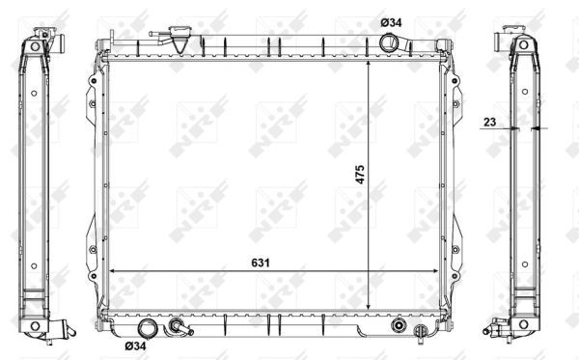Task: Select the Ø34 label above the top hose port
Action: click(x=392, y=22)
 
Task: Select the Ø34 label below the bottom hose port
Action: click(x=136, y=346)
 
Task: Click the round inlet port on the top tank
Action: click(x=390, y=44)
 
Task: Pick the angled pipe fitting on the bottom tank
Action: click(x=179, y=328)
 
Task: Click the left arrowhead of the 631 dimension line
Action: click(x=114, y=271)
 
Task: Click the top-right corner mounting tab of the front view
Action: click(x=443, y=44)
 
